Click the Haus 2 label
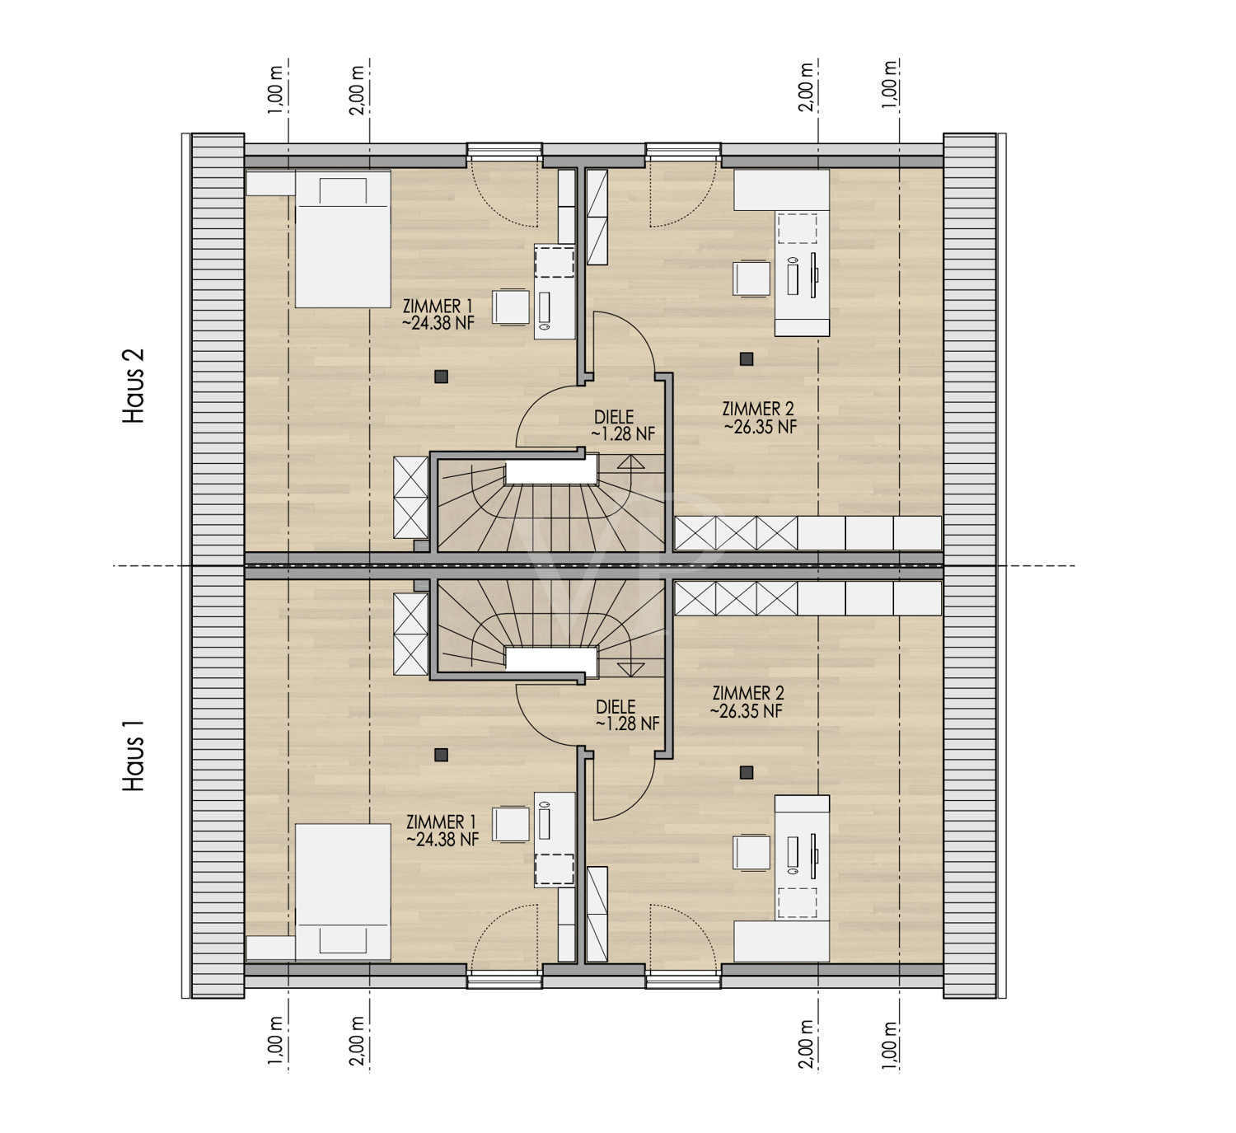coord(133,386)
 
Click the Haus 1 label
coord(133,756)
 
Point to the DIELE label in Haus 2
coord(614,417)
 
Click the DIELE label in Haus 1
coord(616,706)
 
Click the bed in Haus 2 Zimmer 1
coord(343,239)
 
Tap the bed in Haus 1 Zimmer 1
coord(343,892)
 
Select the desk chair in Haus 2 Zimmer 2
coord(751,279)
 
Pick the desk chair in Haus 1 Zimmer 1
coord(511,823)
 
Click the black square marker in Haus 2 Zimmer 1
coord(441,376)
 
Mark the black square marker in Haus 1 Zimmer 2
coord(747,772)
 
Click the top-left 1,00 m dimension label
coord(274,90)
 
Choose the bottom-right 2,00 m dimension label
coord(807,1045)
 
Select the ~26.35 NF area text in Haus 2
coord(760,426)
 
